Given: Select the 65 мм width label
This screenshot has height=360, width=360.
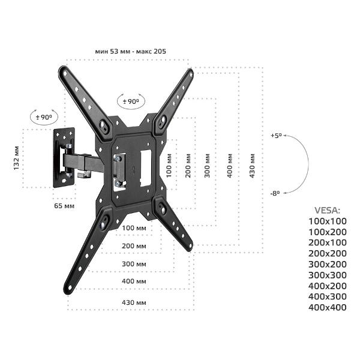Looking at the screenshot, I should pos(64,206).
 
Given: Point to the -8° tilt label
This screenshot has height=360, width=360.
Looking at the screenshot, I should pos(275,193).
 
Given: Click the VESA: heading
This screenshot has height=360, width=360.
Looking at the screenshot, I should pos(327,211).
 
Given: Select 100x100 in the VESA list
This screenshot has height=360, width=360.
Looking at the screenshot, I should pos(327,221).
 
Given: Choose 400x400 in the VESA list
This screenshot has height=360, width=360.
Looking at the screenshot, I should pos(327,308).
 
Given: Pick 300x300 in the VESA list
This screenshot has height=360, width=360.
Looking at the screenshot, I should pos(327,275).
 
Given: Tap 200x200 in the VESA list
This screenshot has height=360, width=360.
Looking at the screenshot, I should pos(327,254).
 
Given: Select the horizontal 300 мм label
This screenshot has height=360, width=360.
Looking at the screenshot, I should pos(133,263).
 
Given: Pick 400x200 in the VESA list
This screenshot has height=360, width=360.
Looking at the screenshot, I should pos(327,286).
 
